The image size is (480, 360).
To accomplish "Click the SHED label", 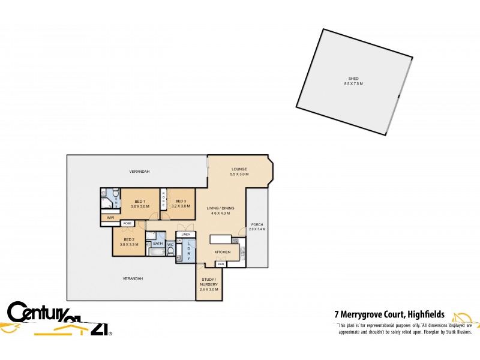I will pos(353,78).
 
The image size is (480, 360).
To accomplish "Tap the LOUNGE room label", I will pos(239,169).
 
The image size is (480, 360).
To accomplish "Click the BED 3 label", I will pos(181,201).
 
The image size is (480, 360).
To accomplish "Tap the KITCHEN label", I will pos(222,252).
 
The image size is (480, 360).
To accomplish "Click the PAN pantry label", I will pos(221,264).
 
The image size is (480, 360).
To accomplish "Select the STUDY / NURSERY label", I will pos(209,282).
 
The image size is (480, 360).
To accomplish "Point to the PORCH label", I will pos(257,224).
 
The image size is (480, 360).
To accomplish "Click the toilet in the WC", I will pos(170,252).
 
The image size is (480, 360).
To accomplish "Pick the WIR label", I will pos(110,217).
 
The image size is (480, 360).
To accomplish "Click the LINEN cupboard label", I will pos(186,235).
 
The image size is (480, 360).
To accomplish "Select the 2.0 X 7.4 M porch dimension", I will pos(257,229).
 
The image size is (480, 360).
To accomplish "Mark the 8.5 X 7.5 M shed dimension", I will pos(353,83).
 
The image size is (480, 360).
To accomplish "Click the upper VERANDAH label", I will pos(139,172).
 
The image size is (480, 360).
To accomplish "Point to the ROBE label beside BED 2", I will pos(127,223).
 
